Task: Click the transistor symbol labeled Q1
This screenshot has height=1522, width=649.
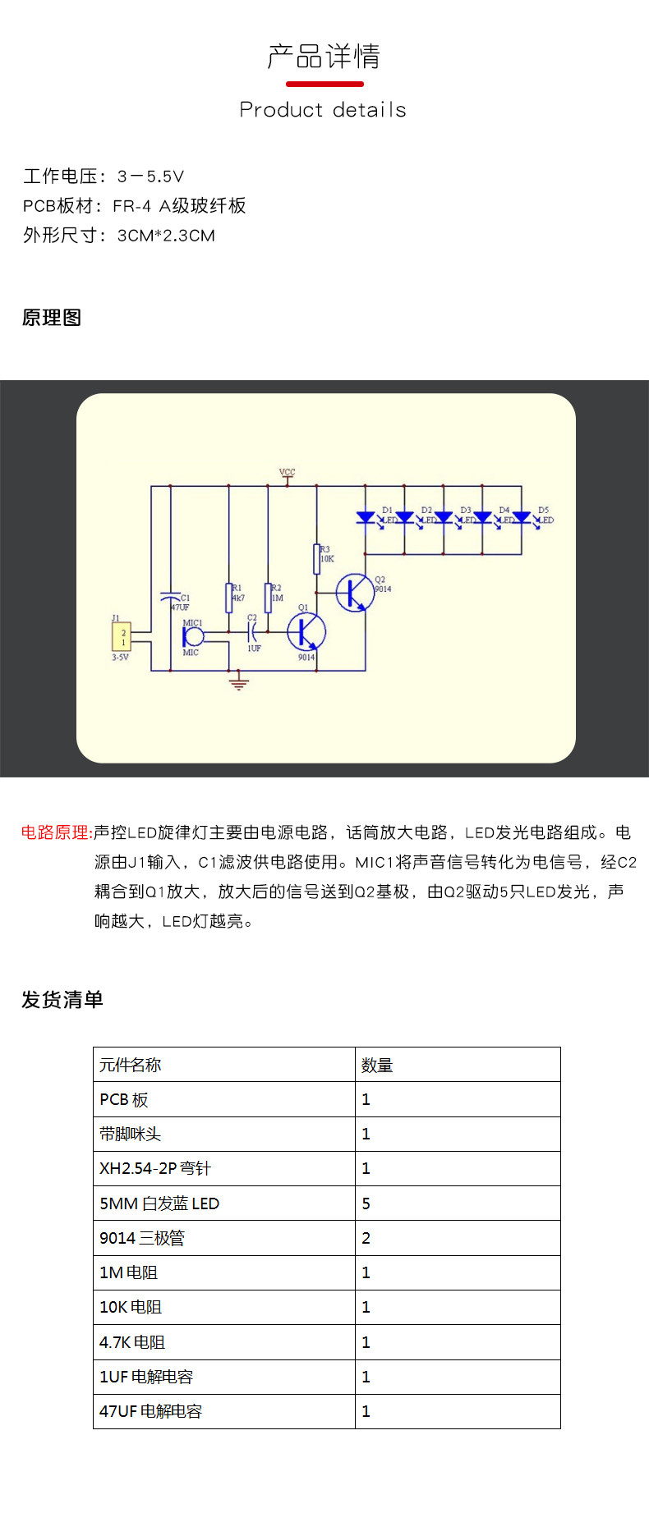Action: pyautogui.click(x=306, y=632)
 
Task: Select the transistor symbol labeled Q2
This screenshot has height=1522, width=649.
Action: pyautogui.click(x=355, y=592)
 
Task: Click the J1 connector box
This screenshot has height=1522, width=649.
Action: pyautogui.click(x=121, y=638)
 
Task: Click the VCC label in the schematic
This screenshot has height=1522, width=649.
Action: pyautogui.click(x=287, y=472)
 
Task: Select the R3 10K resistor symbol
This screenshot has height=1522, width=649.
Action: pyautogui.click(x=317, y=559)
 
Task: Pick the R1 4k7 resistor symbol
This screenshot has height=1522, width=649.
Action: pyautogui.click(x=229, y=598)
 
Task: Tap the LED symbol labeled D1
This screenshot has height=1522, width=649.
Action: pyautogui.click(x=366, y=518)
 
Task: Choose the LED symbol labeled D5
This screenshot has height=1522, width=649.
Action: pyautogui.click(x=521, y=518)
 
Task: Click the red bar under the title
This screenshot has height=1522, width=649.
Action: pyautogui.click(x=324, y=84)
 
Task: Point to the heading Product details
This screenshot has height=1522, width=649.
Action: pyautogui.click(x=323, y=110)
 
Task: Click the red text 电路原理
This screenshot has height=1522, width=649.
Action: pyautogui.click(x=56, y=832)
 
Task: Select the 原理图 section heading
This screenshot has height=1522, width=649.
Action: pyautogui.click(x=52, y=318)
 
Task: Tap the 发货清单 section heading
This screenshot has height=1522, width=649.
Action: pyautogui.click(x=62, y=999)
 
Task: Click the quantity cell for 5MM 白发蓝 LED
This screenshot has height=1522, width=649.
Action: pyautogui.click(x=458, y=1203)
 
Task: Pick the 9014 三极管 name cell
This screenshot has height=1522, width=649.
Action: pyautogui.click(x=223, y=1238)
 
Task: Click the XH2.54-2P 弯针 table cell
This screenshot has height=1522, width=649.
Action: pyautogui.click(x=223, y=1168)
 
